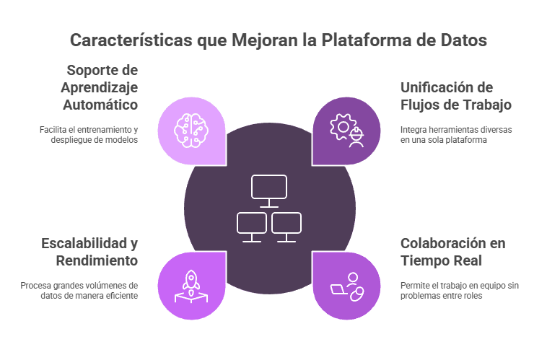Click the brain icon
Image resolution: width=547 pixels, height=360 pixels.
coord(191,130)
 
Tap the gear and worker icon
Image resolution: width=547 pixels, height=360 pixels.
coord(347,130)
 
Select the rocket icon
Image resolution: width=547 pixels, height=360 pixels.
coord(191,285)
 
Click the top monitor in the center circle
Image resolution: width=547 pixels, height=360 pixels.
coord(269,189)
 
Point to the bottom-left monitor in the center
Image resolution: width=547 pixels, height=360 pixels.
coord(252,226)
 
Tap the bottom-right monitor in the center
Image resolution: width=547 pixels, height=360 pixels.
coord(286,226)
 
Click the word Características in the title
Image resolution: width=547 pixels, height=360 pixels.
coord(130,40)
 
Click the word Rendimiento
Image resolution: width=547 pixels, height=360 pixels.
coord(95,260)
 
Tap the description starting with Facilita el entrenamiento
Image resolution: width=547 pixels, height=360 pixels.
coord(89,134)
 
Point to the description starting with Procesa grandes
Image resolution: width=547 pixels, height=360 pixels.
coord(79,290)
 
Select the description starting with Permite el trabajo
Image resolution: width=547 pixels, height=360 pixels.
coord(460,290)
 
